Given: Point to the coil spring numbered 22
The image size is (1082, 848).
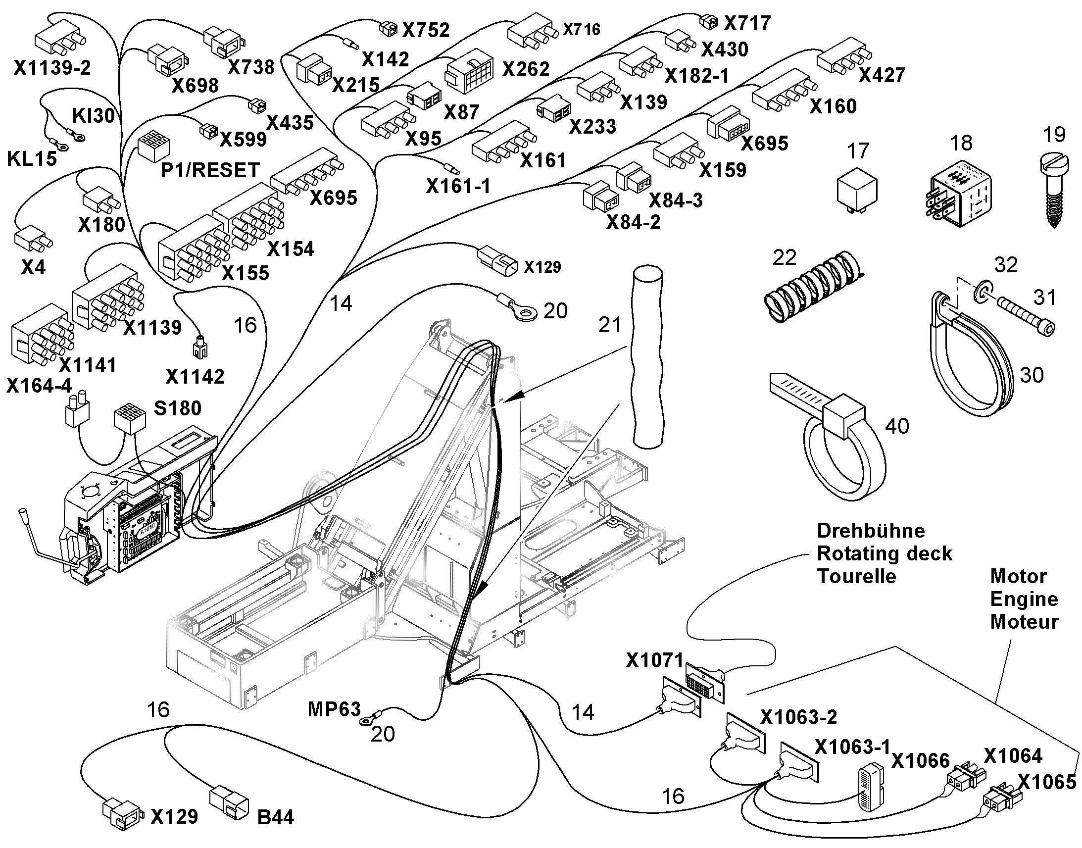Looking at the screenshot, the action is point(812,287).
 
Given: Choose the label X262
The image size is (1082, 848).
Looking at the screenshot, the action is point(526,69).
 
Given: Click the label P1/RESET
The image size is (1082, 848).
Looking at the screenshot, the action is point(210,170).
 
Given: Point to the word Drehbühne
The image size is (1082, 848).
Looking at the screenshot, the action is point(871,531).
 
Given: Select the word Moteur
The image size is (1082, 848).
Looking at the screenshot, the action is point(1025,622).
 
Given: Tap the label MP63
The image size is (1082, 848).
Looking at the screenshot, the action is point(334,709).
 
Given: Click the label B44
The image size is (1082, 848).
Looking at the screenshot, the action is point(276,817).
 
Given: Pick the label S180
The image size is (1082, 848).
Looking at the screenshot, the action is point(178,408).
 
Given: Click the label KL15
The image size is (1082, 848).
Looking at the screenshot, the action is point(32,158).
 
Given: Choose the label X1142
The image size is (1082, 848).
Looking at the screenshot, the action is point(195,377).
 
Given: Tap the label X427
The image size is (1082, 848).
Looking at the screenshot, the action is point(882,75).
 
